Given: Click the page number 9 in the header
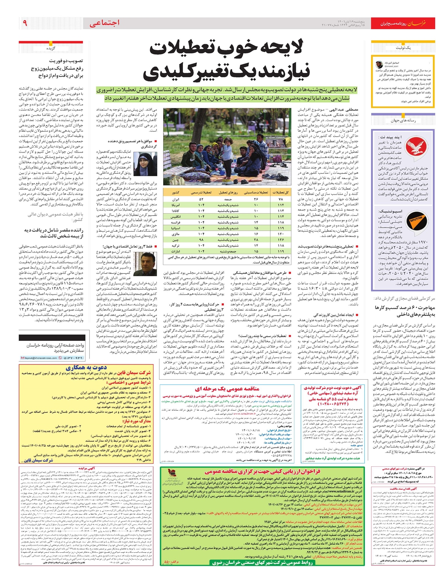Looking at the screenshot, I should click(x=25, y=23).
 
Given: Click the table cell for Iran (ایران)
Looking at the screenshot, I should click(x=175, y=200).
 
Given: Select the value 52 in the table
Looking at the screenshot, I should click(x=202, y=200).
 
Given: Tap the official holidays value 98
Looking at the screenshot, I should click(x=202, y=240).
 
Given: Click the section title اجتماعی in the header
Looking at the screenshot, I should click(x=105, y=23).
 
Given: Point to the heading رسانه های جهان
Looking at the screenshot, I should click(x=401, y=121).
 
